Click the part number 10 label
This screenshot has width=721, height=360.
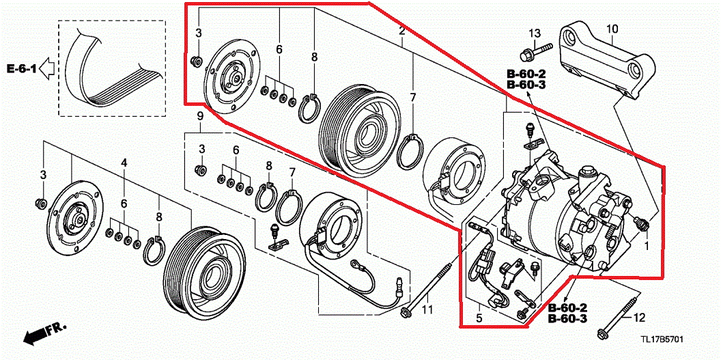pyautogui.click(x=612, y=29)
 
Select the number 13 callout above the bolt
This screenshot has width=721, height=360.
pyautogui.click(x=535, y=33)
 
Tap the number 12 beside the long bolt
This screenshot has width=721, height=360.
pyautogui.click(x=639, y=318)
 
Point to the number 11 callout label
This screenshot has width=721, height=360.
pyautogui.click(x=427, y=311)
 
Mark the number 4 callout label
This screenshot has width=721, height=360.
pyautogui.click(x=124, y=163)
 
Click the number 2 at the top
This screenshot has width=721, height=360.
pyautogui.click(x=402, y=31)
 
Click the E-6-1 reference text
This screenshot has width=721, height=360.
pyautogui.click(x=21, y=68)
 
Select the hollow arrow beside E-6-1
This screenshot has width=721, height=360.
pyautogui.click(x=47, y=68)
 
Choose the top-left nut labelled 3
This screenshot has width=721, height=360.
pyautogui.click(x=197, y=61)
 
